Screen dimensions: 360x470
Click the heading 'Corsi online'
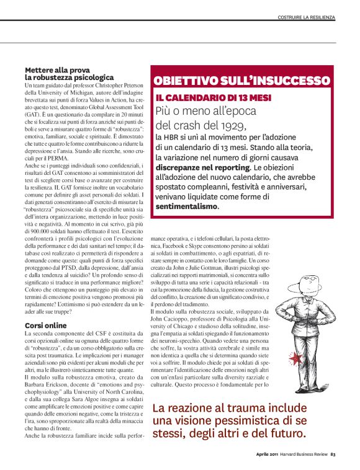click(x=45, y=325)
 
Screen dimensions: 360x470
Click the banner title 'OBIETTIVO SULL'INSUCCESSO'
click(x=241, y=80)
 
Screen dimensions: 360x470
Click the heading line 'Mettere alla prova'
click(x=58, y=69)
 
